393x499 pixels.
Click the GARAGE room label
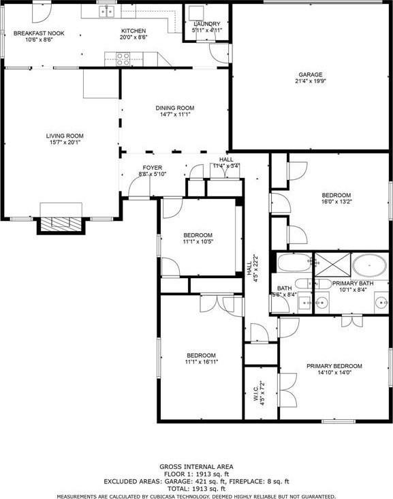tap(310, 74)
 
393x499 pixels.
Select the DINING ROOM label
tap(175, 108)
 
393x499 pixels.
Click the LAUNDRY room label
tap(206, 24)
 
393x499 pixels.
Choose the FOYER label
tap(153, 167)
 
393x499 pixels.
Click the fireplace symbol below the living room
tap(61, 221)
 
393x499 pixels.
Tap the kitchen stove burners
tap(123, 59)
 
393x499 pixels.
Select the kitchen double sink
tap(106, 11)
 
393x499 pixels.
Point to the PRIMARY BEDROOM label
tap(334, 366)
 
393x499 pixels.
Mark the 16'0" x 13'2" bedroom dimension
tap(336, 202)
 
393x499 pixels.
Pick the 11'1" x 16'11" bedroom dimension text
tap(202, 363)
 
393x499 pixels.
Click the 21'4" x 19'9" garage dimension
tap(310, 82)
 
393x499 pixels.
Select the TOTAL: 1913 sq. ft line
tap(196, 489)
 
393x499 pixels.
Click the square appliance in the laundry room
tap(198, 14)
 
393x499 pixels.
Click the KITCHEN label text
tap(133, 31)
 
